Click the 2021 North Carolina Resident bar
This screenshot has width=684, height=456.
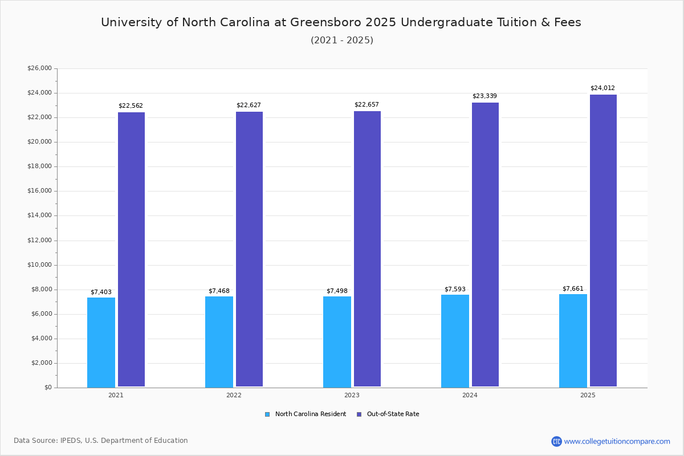101,342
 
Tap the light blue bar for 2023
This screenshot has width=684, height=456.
337,341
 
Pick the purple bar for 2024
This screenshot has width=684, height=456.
485,245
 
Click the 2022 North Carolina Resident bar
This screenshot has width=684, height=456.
219,341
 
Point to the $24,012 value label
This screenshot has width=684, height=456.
602,88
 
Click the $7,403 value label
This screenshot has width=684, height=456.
101,292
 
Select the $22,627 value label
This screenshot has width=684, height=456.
249,105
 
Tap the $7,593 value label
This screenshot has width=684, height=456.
455,289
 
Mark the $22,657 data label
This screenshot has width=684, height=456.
367,105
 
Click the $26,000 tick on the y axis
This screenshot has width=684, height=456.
39,68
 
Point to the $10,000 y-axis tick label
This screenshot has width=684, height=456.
39,265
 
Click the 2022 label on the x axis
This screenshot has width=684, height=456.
234,395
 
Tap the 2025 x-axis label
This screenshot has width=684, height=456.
588,395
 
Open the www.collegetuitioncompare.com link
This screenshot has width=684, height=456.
617,441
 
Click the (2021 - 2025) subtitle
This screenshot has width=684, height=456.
342,40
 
